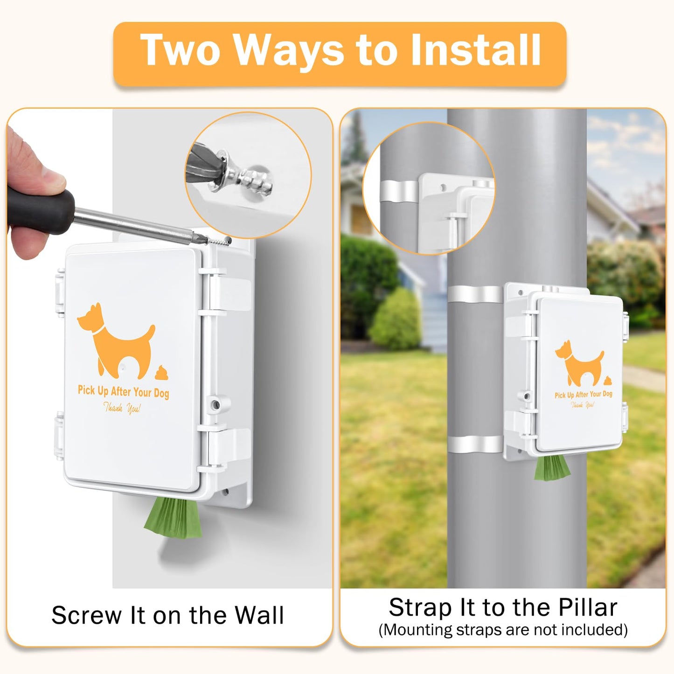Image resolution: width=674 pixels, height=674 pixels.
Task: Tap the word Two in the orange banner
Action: pyautogui.click(x=181, y=50)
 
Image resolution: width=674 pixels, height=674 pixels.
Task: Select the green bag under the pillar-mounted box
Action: pyautogui.click(x=552, y=468)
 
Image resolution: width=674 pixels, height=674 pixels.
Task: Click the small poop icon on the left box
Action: pyautogui.click(x=162, y=373)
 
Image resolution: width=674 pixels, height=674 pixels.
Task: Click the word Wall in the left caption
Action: pyautogui.click(x=259, y=615)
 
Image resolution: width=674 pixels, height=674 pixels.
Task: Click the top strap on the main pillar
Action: pyautogui.click(x=475, y=295)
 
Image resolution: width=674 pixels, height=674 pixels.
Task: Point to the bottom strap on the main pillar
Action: pyautogui.click(x=475, y=444)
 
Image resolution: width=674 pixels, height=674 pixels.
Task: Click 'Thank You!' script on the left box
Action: pyautogui.click(x=121, y=409)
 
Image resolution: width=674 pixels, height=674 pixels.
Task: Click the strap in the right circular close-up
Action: pyautogui.click(x=399, y=191)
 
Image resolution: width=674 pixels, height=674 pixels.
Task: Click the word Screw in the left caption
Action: pyautogui.click(x=86, y=615)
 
